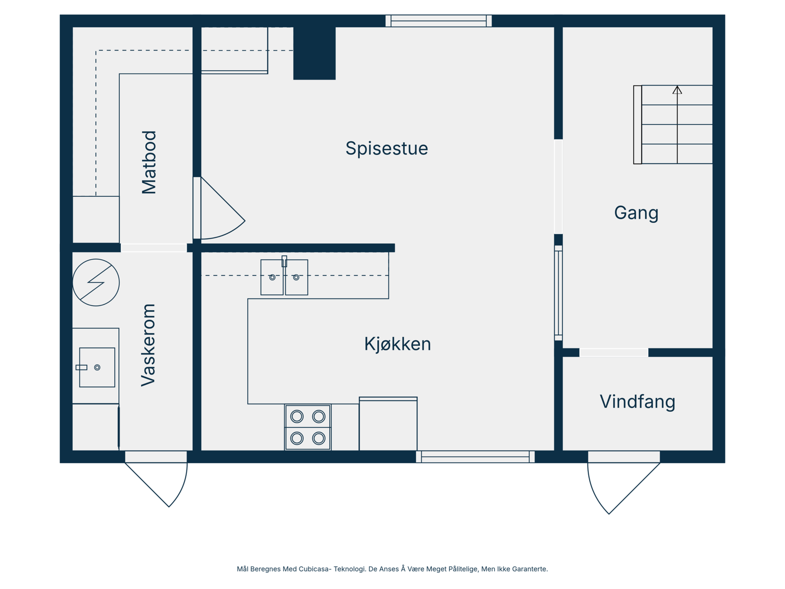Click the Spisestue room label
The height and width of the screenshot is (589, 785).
387,148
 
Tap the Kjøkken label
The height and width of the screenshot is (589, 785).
397,344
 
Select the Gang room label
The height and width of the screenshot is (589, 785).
636,213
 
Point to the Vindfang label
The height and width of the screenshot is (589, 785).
637,402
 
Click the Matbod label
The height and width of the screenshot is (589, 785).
149,162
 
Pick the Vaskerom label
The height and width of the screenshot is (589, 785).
148,345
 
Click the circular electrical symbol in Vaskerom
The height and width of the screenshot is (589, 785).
96,283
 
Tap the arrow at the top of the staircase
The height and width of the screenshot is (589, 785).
677,90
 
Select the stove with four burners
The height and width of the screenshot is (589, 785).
308,427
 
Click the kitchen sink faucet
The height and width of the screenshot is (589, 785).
284,261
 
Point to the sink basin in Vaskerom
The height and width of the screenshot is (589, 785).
97,368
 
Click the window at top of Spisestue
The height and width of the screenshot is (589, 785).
438,21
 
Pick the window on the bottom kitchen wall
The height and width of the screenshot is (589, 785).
475,457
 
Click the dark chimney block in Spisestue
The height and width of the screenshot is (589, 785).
314,53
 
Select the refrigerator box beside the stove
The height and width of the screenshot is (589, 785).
388,424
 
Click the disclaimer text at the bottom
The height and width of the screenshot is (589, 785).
392,569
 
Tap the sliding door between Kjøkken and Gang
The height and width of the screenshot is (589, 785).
558,293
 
